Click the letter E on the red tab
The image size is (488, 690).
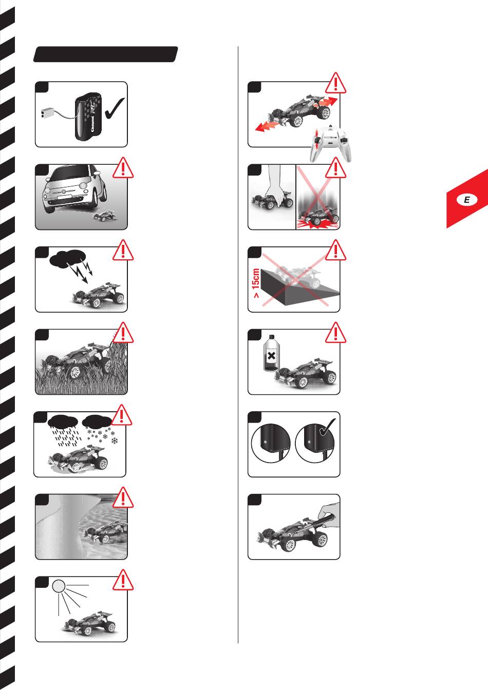467,200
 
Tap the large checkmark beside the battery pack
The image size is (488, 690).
115,108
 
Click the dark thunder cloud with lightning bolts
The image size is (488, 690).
67,258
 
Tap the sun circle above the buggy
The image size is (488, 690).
59,586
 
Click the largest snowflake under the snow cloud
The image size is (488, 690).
115,440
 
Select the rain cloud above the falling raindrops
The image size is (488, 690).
63,420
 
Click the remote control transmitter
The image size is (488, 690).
330,143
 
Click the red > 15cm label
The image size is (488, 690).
256,283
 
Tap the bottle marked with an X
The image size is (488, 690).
271,353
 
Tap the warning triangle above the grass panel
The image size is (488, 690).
123,332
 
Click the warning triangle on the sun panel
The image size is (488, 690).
123,580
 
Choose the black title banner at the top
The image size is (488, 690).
105,54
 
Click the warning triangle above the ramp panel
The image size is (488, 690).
336,250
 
